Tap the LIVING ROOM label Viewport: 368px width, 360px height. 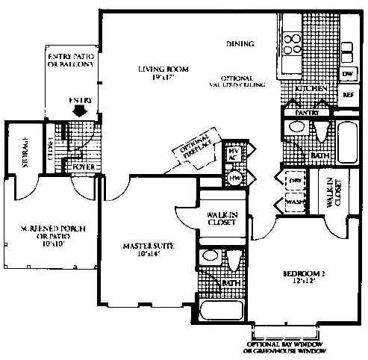[x=163, y=73]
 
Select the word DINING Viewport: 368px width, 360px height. [x=240, y=44]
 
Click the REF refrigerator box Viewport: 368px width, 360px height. [x=347, y=95]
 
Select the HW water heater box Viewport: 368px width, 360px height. [x=233, y=178]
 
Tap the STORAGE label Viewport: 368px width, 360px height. [x=25, y=149]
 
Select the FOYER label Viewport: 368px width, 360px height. [x=82, y=167]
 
